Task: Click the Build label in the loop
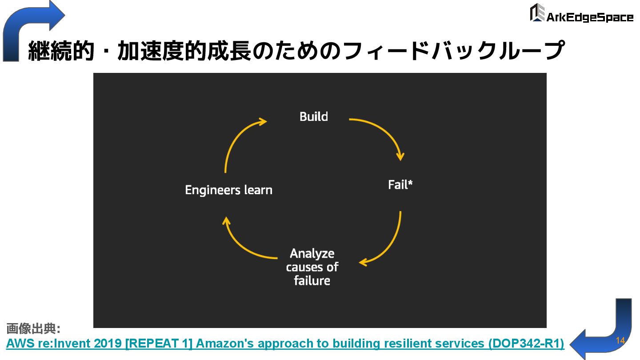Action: click(x=314, y=117)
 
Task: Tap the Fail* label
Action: click(x=400, y=185)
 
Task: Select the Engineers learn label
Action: click(x=228, y=190)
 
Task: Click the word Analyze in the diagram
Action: click(x=312, y=253)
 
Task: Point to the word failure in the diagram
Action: click(x=312, y=281)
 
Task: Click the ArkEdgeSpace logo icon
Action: click(x=537, y=13)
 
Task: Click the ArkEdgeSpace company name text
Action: click(x=589, y=17)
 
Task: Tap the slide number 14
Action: click(x=620, y=340)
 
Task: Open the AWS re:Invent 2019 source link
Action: click(x=284, y=344)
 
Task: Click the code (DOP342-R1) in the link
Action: click(x=526, y=344)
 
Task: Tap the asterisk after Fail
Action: click(x=410, y=182)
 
